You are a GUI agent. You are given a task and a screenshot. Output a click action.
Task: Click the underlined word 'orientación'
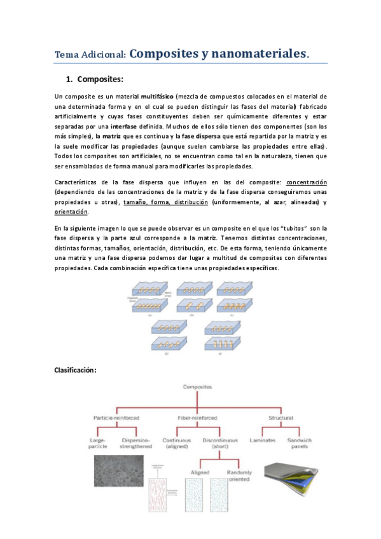(x=72, y=212)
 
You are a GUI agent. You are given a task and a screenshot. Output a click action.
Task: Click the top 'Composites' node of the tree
(x=198, y=386)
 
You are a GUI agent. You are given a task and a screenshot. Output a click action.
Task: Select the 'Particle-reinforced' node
(x=116, y=418)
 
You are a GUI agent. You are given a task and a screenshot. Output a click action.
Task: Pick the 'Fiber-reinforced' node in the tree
(x=198, y=418)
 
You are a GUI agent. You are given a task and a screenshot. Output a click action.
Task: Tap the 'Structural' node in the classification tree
(x=281, y=418)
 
